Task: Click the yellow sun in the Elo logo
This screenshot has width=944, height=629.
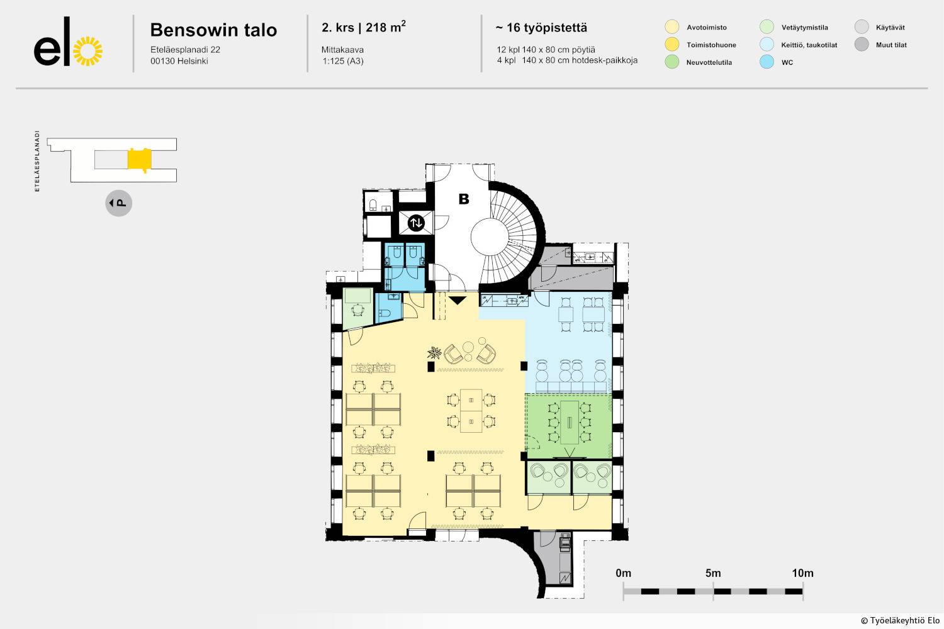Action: click(x=87, y=52)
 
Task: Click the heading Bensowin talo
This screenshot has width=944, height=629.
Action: click(x=214, y=30)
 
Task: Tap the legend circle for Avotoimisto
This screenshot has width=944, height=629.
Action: click(x=671, y=27)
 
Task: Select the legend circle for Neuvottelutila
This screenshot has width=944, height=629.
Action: click(x=671, y=62)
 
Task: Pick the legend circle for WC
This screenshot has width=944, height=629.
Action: click(x=767, y=62)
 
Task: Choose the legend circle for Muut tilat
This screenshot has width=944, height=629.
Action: click(x=862, y=44)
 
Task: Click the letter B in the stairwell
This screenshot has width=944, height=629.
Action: click(x=464, y=199)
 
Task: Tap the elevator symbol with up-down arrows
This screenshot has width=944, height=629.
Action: click(x=416, y=223)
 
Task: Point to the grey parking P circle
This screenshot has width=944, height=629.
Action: click(x=118, y=203)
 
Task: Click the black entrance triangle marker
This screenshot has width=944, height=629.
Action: click(x=458, y=300)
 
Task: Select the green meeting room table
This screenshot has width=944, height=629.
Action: click(x=570, y=422)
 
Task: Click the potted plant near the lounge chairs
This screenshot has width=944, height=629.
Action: click(x=434, y=352)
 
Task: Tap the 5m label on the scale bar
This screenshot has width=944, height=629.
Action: click(x=713, y=573)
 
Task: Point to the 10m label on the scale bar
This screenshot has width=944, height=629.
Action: click(x=802, y=573)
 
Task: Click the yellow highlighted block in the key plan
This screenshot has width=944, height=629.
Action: click(x=140, y=159)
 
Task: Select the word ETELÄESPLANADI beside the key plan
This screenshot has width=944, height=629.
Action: click(x=37, y=161)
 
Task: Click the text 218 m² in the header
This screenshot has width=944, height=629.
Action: click(x=386, y=27)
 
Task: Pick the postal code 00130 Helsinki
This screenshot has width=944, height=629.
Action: click(x=179, y=61)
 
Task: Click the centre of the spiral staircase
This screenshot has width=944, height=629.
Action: click(x=489, y=237)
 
